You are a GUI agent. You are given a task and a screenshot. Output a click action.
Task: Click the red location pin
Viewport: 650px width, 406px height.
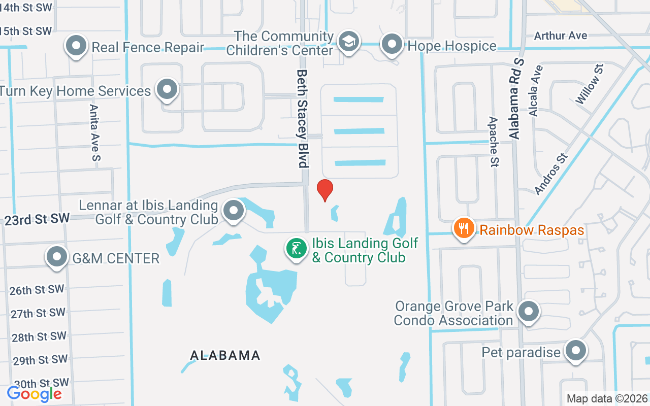coord(325,190)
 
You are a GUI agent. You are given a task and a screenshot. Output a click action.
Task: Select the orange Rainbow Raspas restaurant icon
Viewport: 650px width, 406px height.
coord(464,229)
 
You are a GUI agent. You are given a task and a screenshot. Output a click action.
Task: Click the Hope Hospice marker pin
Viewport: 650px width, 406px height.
coord(392,44)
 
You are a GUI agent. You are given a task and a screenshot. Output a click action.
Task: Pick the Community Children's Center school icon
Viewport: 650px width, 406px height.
coord(349,43)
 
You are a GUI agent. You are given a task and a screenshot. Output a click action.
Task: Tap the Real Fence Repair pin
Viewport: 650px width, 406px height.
coord(76,46)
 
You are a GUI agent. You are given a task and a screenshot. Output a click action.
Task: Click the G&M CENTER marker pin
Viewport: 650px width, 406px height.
coord(56,257)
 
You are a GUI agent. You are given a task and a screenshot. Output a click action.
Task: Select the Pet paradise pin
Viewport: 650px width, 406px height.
coord(576,351)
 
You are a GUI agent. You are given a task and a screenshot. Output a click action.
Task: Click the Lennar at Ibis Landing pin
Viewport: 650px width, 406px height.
coord(234,211)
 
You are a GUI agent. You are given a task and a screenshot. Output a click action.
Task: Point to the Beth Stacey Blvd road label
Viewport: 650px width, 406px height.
coord(303,119)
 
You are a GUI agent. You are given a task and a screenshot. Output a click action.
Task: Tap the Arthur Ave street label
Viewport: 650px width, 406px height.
coord(561,36)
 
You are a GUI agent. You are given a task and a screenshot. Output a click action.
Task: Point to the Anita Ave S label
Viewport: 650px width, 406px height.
coord(94,133)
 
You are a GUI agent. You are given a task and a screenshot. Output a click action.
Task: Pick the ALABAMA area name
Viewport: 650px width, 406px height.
coord(225,355)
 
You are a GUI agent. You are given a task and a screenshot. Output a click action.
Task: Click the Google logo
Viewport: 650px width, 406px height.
coord(35,393)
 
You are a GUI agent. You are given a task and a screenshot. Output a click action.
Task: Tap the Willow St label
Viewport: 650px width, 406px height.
coord(589,84)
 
